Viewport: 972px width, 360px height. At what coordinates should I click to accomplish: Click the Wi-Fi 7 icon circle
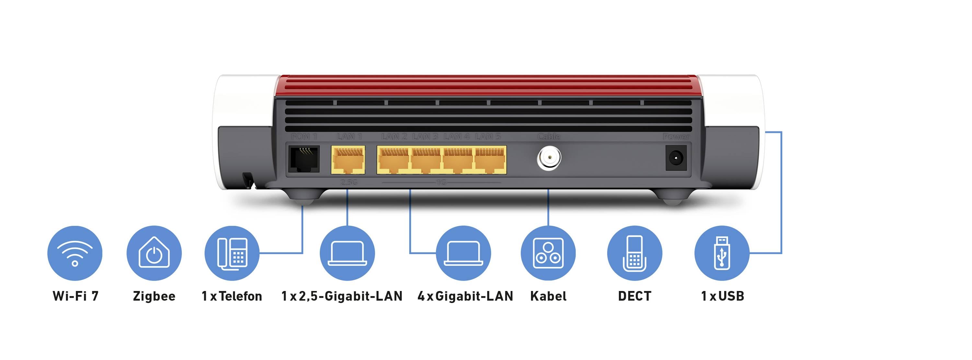click(75, 253)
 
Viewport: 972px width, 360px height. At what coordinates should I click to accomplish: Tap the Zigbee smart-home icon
click(154, 253)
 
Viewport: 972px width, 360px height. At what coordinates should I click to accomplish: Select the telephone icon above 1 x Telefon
click(232, 253)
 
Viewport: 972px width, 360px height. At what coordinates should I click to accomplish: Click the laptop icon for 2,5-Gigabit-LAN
click(347, 253)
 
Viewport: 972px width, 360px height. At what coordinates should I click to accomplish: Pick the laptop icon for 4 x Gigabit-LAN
click(463, 253)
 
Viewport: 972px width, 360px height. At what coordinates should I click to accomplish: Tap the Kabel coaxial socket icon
click(548, 253)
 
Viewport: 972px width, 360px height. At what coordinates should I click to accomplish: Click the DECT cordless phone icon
click(634, 253)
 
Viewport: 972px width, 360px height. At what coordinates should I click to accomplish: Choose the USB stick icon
click(722, 253)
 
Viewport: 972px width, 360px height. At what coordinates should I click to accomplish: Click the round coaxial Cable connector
click(549, 158)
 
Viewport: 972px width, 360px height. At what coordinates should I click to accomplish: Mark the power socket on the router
click(676, 157)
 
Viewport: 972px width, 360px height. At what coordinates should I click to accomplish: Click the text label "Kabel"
click(548, 296)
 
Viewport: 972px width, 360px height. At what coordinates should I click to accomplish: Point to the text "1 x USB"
click(722, 296)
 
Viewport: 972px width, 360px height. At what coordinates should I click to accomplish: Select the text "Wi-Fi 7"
click(75, 296)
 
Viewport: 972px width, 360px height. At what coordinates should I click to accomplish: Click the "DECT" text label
click(634, 296)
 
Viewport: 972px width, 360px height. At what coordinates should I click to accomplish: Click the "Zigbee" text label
click(154, 296)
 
